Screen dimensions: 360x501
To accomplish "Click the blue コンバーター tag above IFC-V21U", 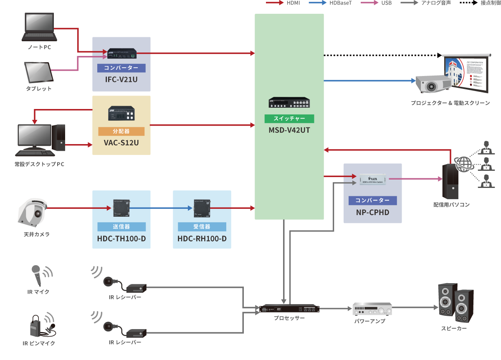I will coord(121,68).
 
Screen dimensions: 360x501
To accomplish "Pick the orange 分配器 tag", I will coord(121,131).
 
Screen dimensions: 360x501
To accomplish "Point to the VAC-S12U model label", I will coord(121,143).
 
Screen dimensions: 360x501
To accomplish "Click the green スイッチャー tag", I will coord(289,119).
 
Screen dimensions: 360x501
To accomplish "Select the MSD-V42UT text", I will coord(289,130).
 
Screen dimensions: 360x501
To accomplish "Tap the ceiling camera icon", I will coord(33,212).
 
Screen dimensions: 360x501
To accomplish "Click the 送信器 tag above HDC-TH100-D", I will coord(121,227).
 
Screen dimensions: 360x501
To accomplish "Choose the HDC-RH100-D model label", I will coord(202,239).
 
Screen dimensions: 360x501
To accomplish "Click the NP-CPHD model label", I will coord(372,212).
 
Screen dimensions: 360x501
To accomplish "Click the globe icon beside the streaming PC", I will coord(463,164).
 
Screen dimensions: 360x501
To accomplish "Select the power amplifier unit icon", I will coord(372,309).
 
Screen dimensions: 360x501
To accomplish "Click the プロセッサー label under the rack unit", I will coord(289,318).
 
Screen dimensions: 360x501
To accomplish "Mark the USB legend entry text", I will coord(386,3).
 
